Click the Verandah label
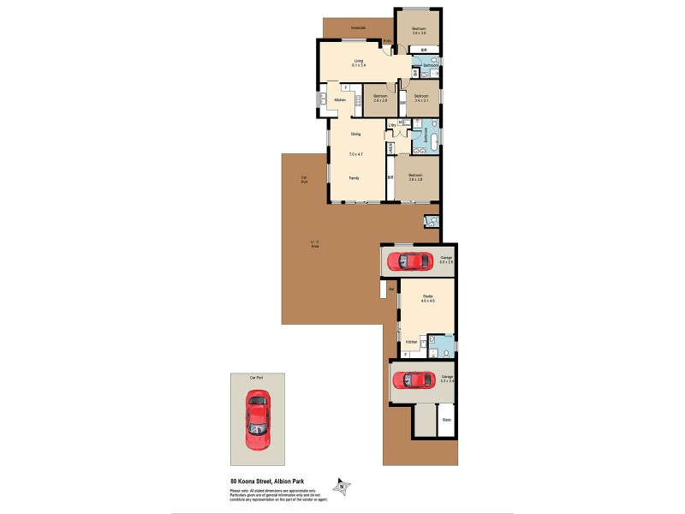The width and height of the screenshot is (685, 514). (x=359, y=28)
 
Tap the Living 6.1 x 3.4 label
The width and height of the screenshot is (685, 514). (x=360, y=62)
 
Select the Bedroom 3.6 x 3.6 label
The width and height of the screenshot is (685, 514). (x=419, y=31)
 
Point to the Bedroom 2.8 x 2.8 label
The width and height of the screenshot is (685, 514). (x=380, y=99)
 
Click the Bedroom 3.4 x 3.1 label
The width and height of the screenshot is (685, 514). (x=421, y=99)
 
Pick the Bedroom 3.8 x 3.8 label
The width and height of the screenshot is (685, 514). (x=417, y=176)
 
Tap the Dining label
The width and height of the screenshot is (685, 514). (x=355, y=134)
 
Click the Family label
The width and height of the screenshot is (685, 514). (x=354, y=177)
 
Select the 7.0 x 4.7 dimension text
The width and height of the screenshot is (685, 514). (x=355, y=154)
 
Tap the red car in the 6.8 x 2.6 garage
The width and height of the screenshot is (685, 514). (x=405, y=260)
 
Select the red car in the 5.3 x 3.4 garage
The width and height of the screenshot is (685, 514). (x=413, y=379)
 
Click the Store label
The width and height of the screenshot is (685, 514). (x=446, y=420)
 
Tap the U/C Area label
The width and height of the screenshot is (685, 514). (x=314, y=244)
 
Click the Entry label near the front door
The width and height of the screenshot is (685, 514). (x=387, y=40)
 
